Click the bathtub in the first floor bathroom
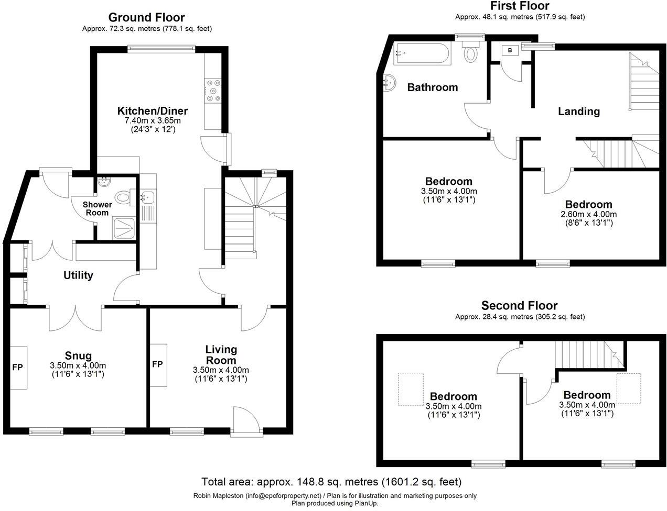click(422, 53)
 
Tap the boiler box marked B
click(510, 50)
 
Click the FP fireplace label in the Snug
click(17, 367)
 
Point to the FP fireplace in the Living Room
click(157, 364)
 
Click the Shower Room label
click(97, 208)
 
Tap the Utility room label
click(78, 275)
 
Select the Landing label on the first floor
click(578, 112)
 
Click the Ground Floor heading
click(147, 18)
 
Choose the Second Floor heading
click(519, 305)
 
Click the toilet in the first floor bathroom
click(471, 52)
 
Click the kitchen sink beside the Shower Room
click(147, 198)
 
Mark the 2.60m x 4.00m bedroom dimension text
click(588, 214)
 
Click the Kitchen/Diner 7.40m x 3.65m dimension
click(152, 121)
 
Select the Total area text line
click(331, 481)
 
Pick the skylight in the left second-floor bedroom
click(410, 389)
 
